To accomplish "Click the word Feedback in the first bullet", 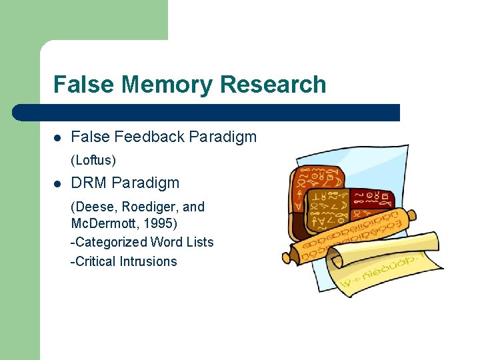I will (x=149, y=137).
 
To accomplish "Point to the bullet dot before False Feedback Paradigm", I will (x=57, y=138).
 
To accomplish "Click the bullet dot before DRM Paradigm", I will (x=57, y=183).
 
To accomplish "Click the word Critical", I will (x=95, y=261).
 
